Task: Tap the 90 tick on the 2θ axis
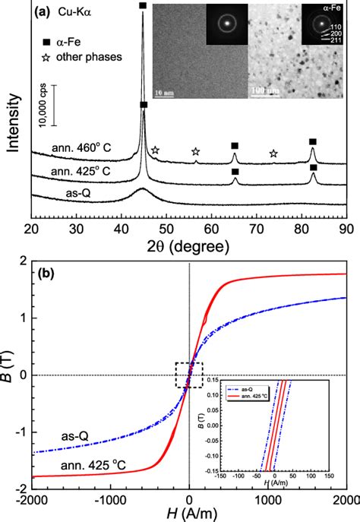tap(344, 228)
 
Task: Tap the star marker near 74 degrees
tap(273, 154)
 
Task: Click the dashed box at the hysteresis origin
tap(189, 375)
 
